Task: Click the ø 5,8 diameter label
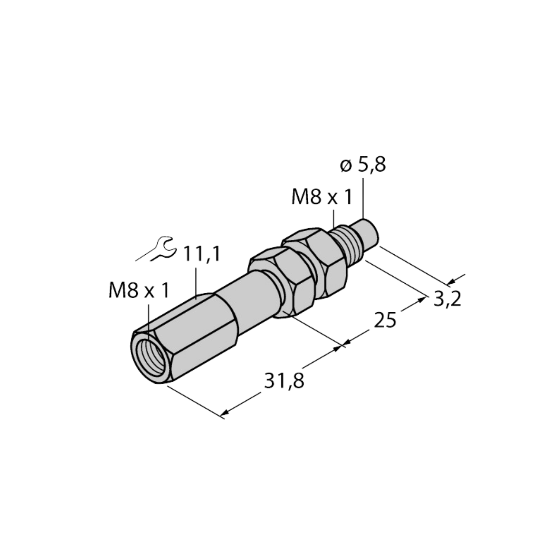coord(363,166)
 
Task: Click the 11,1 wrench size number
coord(202,254)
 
